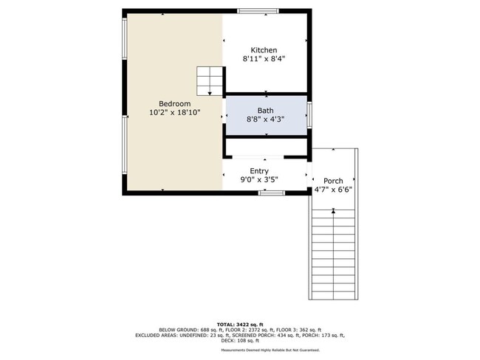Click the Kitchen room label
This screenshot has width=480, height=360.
(264, 49)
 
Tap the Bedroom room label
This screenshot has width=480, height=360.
(174, 103)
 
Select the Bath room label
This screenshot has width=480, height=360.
(266, 110)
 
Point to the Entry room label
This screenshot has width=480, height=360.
(258, 170)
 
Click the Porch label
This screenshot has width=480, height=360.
(333, 180)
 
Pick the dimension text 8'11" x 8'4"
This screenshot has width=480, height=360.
(264, 58)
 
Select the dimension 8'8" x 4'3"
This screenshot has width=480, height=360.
(266, 119)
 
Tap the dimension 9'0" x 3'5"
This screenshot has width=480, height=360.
(258, 179)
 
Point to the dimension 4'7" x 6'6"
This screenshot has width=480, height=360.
(333, 189)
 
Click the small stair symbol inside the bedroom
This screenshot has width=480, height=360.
(210, 80)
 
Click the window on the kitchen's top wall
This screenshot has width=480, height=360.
(257, 11)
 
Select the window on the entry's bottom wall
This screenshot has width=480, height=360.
(271, 193)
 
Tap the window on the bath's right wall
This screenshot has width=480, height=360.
(310, 114)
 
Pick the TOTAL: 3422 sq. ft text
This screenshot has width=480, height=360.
(239, 324)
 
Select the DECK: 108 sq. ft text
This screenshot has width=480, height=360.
(239, 342)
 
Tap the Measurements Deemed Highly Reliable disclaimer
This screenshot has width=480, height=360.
(239, 350)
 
